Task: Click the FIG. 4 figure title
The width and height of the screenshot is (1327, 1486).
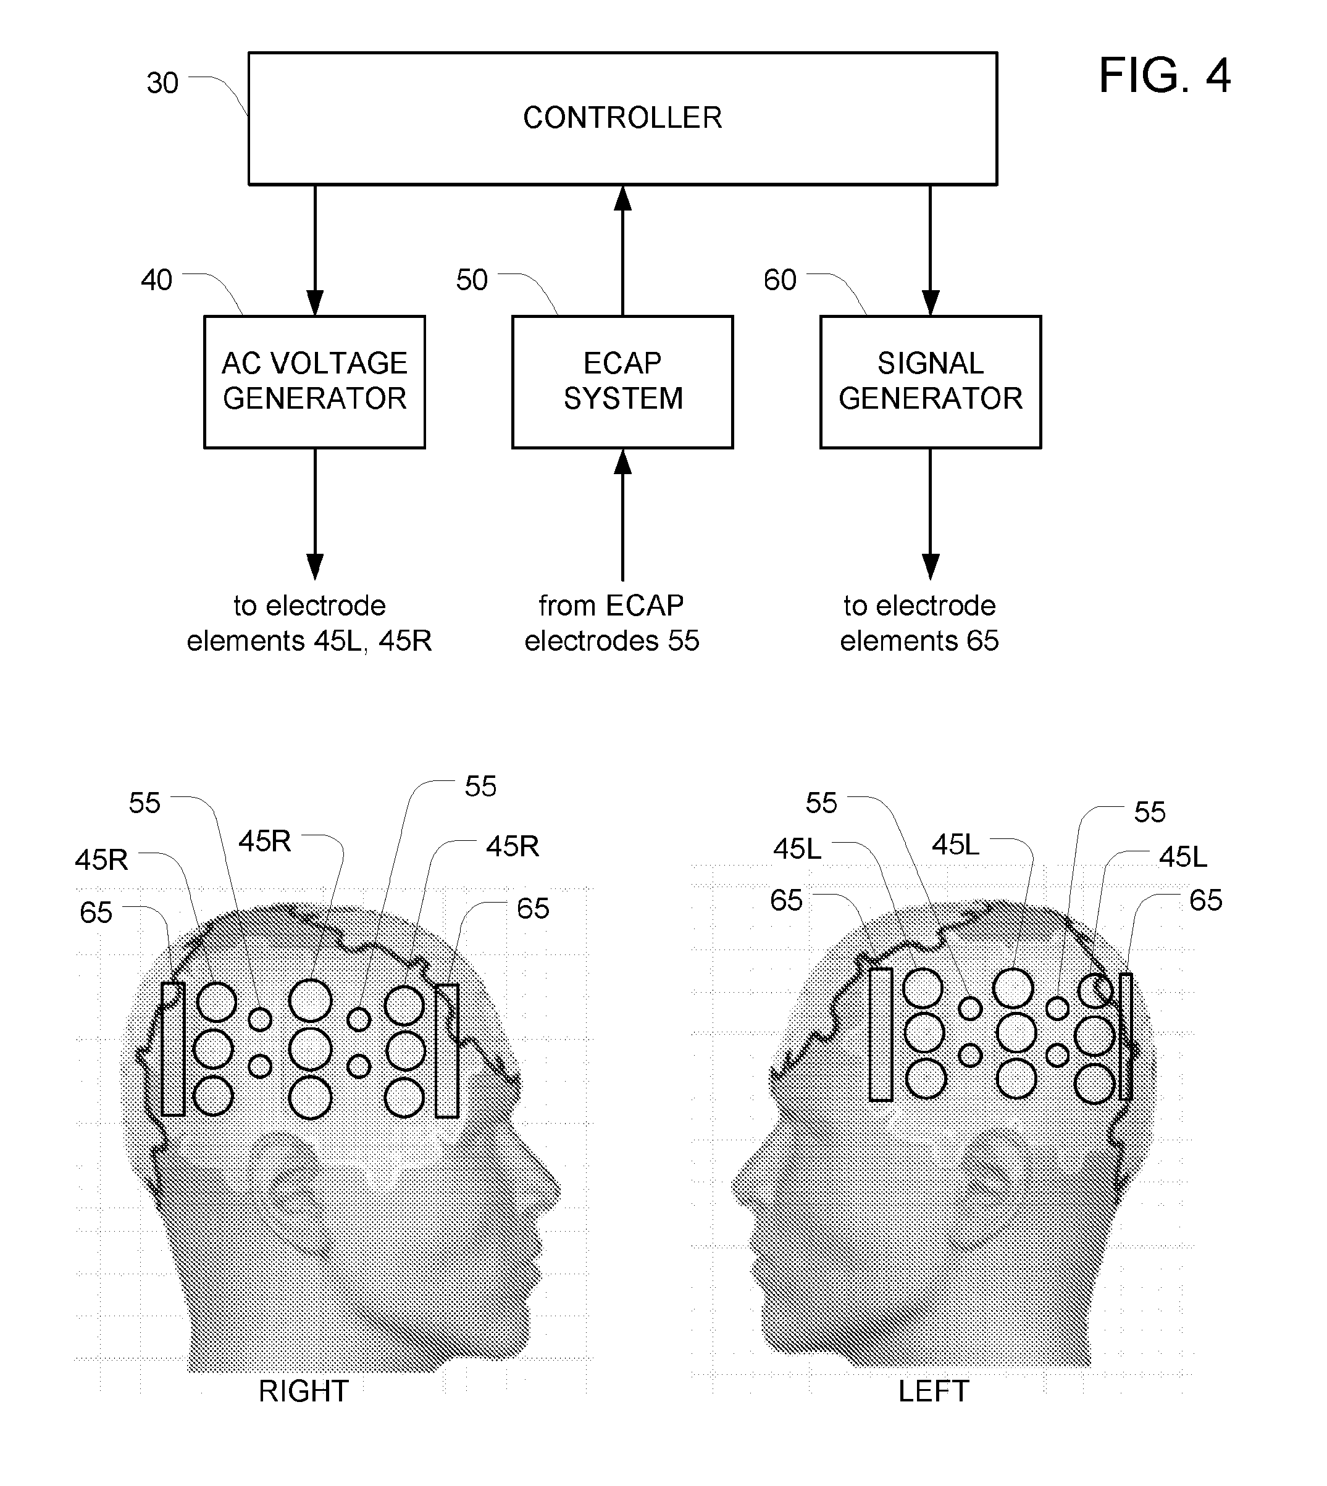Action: [x=1165, y=76]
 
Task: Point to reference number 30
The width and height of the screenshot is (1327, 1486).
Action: [x=162, y=83]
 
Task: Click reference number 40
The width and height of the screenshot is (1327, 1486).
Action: [x=157, y=280]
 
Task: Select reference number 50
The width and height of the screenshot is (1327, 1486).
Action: [x=472, y=280]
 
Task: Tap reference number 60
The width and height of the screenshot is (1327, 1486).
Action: [x=780, y=280]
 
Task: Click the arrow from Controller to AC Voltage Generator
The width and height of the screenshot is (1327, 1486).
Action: [x=315, y=250]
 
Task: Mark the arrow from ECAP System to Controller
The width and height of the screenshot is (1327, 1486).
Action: [x=622, y=250]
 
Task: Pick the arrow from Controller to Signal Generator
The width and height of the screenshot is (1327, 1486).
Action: [x=931, y=250]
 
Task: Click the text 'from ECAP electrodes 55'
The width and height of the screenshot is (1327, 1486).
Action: [x=612, y=623]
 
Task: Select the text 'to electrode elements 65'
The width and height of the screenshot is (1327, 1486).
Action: [x=919, y=623]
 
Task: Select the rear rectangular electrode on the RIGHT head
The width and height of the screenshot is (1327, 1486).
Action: [x=173, y=1049]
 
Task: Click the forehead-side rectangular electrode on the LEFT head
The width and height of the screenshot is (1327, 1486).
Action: [x=881, y=1033]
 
